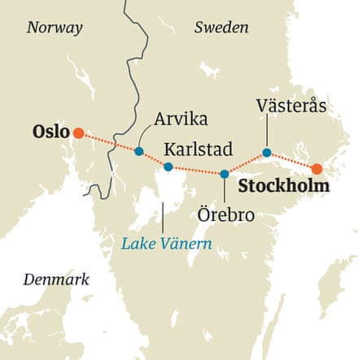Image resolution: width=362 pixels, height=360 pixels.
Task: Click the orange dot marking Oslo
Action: pos(78,132)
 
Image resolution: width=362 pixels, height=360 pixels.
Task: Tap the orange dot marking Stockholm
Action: pos(317,168)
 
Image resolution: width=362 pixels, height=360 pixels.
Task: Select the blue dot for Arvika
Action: pos(139,151)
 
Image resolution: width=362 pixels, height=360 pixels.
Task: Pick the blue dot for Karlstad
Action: pos(168,167)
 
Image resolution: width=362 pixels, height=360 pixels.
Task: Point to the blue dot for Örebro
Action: pos(225,174)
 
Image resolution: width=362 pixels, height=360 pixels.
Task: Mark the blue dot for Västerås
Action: pos(267,152)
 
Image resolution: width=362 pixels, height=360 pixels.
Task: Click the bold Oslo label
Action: pos(49,132)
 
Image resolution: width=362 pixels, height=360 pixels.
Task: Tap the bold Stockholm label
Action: pos(285,187)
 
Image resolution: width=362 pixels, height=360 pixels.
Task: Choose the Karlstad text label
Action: pos(198,149)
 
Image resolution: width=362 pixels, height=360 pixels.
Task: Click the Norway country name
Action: pos(55,28)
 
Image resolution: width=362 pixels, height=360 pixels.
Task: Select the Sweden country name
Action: pos(221,28)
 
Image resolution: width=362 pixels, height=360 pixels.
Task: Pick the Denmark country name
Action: pos(55,280)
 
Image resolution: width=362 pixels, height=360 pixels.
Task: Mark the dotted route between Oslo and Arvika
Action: pos(108,141)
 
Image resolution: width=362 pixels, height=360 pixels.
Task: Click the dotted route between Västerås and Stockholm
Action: pos(292,160)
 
